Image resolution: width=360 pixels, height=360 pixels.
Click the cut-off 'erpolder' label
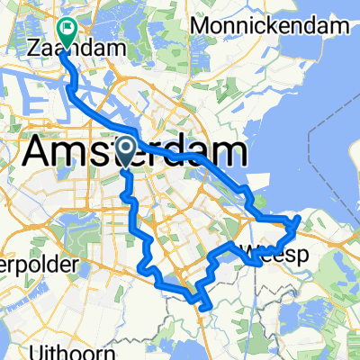27,266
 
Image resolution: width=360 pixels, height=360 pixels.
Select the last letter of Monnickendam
343,25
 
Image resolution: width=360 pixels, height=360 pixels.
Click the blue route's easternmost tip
299,217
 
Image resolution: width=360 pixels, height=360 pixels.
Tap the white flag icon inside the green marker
67,29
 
